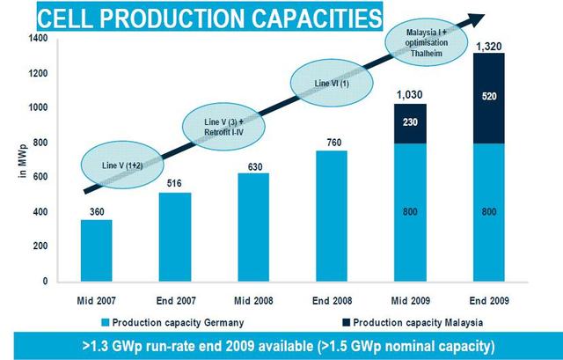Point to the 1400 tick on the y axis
click(x=40, y=39)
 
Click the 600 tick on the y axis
click(x=42, y=177)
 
